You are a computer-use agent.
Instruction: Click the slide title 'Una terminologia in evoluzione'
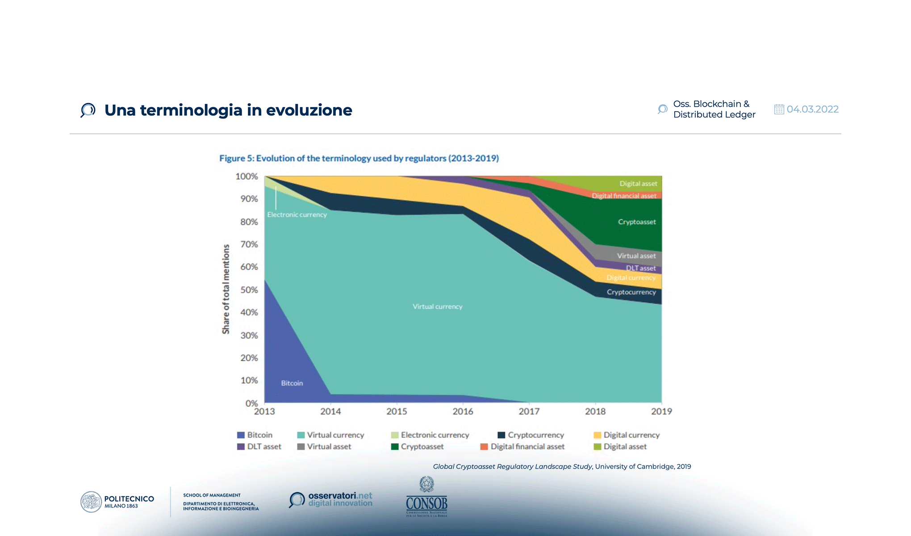pyautogui.click(x=228, y=110)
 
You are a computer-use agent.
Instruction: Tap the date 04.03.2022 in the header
pyautogui.click(x=812, y=109)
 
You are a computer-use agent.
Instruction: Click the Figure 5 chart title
pyautogui.click(x=359, y=158)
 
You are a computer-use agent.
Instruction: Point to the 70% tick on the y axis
pyautogui.click(x=249, y=244)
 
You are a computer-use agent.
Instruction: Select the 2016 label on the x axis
pyautogui.click(x=463, y=411)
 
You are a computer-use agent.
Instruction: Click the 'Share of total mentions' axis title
pyautogui.click(x=226, y=289)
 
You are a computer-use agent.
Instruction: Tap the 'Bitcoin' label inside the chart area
pyautogui.click(x=292, y=383)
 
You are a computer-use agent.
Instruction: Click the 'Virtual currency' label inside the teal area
pyautogui.click(x=437, y=306)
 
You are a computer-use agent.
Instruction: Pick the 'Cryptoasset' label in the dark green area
pyautogui.click(x=636, y=222)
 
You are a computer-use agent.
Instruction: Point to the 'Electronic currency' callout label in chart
pyautogui.click(x=297, y=215)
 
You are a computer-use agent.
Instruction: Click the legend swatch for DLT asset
pyautogui.click(x=241, y=447)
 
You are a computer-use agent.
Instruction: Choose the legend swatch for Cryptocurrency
pyautogui.click(x=501, y=435)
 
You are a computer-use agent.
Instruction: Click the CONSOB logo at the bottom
pyautogui.click(x=426, y=498)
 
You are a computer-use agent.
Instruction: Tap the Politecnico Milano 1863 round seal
pyautogui.click(x=91, y=502)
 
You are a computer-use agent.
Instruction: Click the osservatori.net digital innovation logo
pyautogui.click(x=331, y=499)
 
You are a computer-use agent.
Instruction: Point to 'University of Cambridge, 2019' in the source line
pyautogui.click(x=643, y=466)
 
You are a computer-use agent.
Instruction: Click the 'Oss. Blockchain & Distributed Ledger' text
pyautogui.click(x=714, y=109)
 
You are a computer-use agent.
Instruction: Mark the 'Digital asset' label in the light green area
pyautogui.click(x=638, y=184)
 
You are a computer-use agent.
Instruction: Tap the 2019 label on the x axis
pyautogui.click(x=661, y=411)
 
